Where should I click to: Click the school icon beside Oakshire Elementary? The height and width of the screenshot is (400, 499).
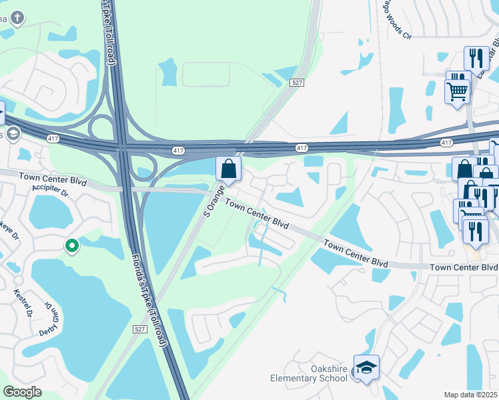[366, 367]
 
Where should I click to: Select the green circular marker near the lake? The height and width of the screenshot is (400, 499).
[72, 247]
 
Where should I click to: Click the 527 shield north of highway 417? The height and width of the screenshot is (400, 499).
[298, 83]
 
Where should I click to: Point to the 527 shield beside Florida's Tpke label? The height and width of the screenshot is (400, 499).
[139, 329]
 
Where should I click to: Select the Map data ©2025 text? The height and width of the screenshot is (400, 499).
[471, 395]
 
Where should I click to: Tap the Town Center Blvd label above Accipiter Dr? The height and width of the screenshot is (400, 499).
[53, 177]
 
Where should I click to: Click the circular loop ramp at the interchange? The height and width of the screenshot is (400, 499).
[100, 126]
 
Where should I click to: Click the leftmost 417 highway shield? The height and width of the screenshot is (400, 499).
[53, 138]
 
